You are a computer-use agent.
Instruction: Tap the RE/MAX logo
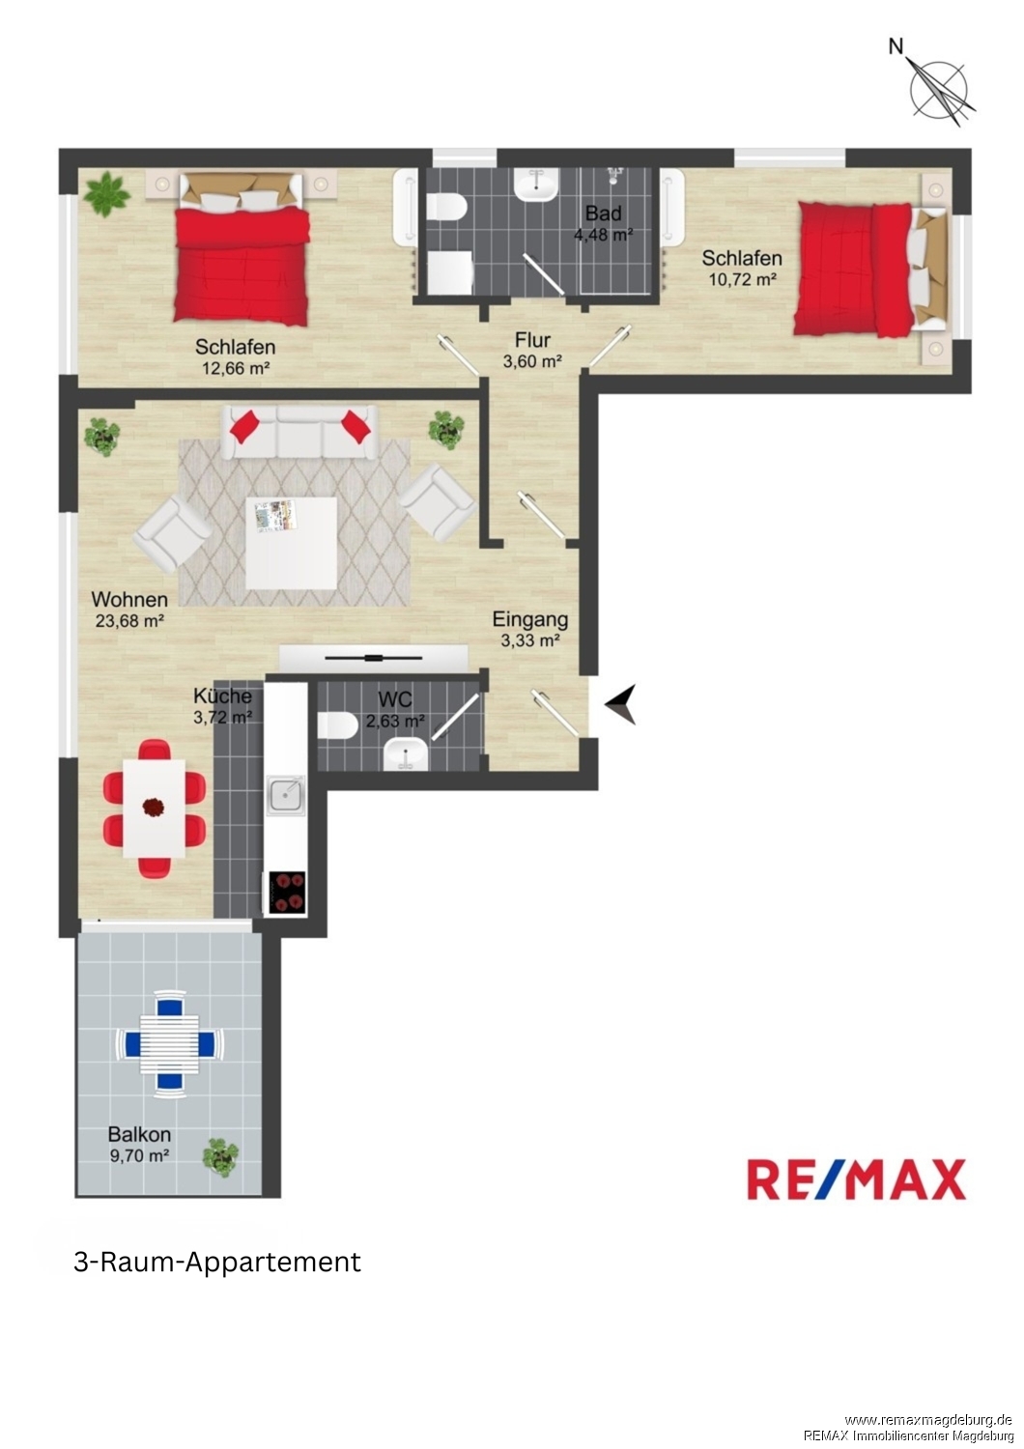coord(856,1179)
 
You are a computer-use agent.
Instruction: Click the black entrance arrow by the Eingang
coord(621,703)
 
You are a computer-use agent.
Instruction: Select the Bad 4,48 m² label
coord(603,223)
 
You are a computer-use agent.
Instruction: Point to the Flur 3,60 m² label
coord(532,350)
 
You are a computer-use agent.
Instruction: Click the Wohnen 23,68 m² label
coord(129,610)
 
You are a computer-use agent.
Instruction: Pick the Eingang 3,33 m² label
coord(529,629)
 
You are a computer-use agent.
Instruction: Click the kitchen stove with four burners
coord(286,893)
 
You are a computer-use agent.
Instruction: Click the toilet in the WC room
coord(337,724)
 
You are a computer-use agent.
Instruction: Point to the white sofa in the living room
coord(299,432)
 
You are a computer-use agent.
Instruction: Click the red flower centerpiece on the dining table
coord(154,807)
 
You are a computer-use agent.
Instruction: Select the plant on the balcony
coord(220,1157)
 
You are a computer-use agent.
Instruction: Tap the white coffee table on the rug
coord(292,543)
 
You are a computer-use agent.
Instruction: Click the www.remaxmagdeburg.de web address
coord(928,1420)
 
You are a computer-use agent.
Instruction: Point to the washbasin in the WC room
coord(405,755)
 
